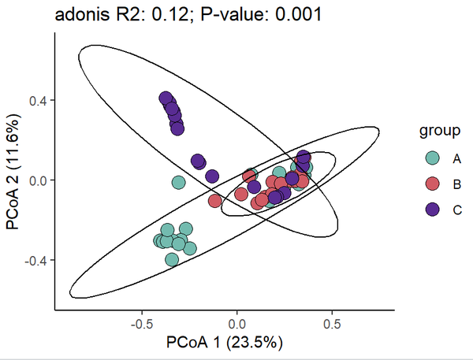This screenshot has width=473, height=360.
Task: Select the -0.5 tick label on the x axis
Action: [x=140, y=324]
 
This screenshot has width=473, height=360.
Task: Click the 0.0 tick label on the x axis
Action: [x=236, y=324]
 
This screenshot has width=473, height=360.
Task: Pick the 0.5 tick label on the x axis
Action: [x=332, y=324]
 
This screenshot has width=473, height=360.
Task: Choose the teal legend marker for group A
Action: [x=432, y=158]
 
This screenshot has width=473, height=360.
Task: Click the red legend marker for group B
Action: [x=432, y=184]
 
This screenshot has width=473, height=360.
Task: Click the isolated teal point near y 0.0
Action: [x=178, y=182]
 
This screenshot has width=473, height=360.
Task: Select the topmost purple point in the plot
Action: [x=166, y=98]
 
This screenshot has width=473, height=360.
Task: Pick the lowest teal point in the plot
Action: [x=172, y=259]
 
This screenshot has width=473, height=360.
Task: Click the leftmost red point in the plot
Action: [x=214, y=200]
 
